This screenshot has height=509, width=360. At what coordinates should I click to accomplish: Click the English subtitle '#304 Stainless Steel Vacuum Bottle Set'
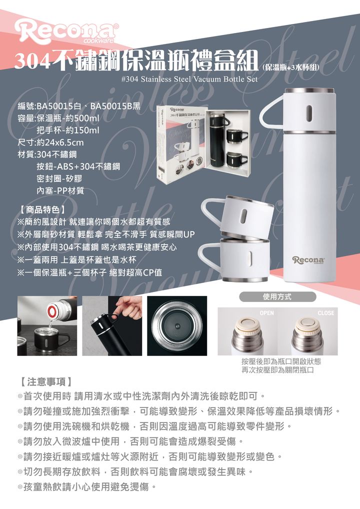[x=189, y=79]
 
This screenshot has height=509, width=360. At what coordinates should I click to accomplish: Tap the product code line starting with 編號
[x=79, y=106]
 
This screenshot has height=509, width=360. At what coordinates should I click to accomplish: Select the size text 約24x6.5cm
[x=60, y=142]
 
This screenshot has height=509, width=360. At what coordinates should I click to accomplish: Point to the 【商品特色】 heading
[x=42, y=209]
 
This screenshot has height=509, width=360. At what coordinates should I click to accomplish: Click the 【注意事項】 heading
[x=46, y=382]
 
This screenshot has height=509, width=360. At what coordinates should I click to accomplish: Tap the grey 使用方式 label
[x=277, y=296]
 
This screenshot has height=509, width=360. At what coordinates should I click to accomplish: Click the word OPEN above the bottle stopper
[x=266, y=313]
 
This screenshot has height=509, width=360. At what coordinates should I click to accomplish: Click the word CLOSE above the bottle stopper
[x=326, y=313]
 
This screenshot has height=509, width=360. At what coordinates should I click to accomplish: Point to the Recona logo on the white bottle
[x=308, y=260]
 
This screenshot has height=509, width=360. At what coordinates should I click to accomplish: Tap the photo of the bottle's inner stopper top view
[x=177, y=326]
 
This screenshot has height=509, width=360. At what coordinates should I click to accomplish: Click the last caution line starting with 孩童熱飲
[x=87, y=486]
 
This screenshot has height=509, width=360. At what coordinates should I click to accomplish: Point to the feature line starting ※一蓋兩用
[x=77, y=259]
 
